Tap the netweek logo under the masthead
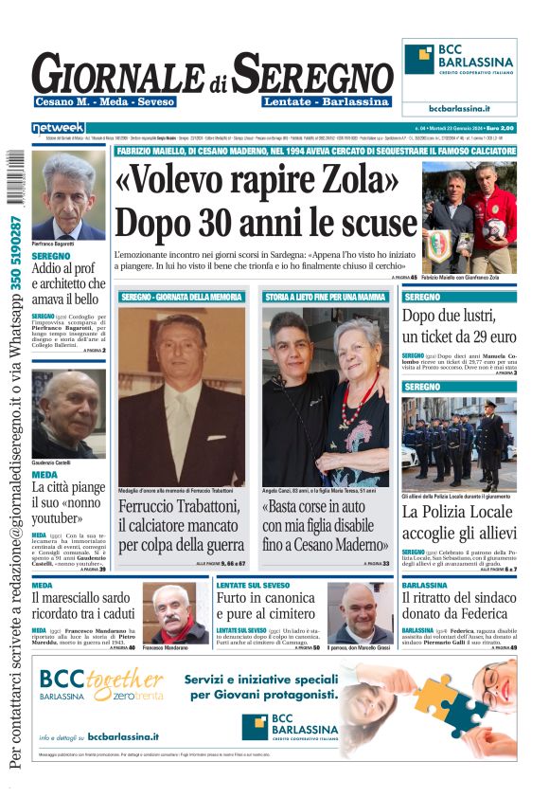coord(59,127)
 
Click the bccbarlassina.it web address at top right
coord(459,109)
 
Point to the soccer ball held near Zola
coord(495,227)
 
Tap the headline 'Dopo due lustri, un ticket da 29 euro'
coord(459,326)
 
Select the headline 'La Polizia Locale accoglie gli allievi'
coord(459,524)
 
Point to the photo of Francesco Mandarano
coord(175,613)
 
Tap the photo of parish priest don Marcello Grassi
coord(360,613)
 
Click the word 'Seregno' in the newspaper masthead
coord(312,74)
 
